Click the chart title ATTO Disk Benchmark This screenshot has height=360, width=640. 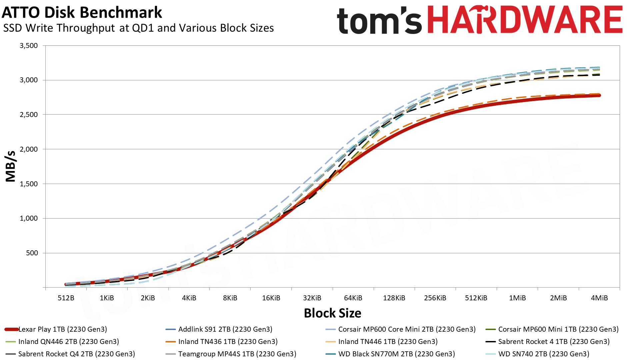pyautogui.click(x=82, y=13)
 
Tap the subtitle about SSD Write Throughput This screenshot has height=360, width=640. pyautogui.click(x=138, y=28)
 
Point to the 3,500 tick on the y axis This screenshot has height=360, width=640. pyautogui.click(x=29, y=46)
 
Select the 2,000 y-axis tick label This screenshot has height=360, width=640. pyautogui.click(x=29, y=149)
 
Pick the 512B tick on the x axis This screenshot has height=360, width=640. pyautogui.click(x=66, y=298)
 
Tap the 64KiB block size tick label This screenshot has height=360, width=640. pyautogui.click(x=353, y=298)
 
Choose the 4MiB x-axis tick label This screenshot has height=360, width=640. pyautogui.click(x=599, y=298)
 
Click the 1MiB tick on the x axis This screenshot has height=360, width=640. pyautogui.click(x=517, y=298)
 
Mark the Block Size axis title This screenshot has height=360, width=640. pyautogui.click(x=332, y=313)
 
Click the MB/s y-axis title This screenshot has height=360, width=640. pyautogui.click(x=11, y=166)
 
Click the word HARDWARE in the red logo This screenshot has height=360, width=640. pyautogui.click(x=525, y=20)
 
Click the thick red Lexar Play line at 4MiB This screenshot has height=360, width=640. pyautogui.click(x=599, y=96)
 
